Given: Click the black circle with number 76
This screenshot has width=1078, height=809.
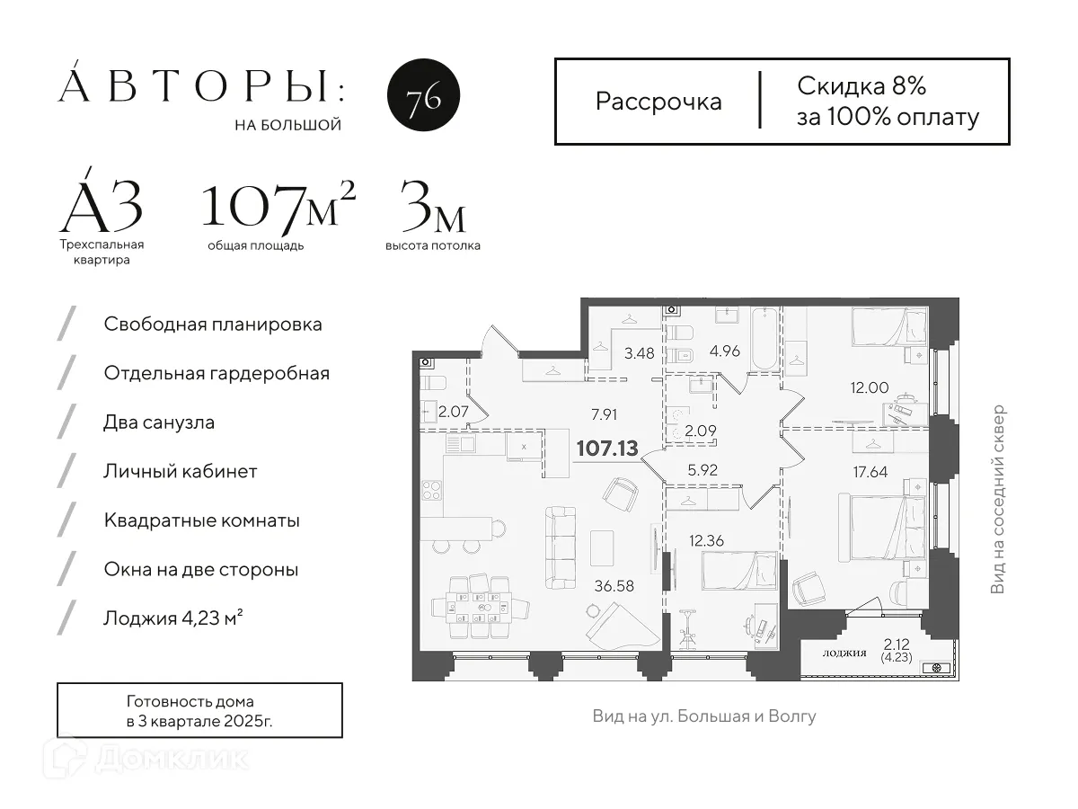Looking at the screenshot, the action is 423,94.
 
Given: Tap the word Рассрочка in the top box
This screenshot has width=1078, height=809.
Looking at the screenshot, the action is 658,102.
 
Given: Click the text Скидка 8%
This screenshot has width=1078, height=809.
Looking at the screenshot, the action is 862,86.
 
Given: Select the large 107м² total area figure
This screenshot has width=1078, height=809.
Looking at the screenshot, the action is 278,207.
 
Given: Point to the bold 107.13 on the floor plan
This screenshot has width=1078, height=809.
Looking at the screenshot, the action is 607,448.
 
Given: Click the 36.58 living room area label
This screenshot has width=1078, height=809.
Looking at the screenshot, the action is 614,585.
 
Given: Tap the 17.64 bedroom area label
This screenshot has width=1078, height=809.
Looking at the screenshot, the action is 870,472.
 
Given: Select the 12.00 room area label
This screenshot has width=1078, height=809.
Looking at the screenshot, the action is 870,387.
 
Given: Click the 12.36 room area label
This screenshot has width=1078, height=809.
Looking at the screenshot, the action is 706,541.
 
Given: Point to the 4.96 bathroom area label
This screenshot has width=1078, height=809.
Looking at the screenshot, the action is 724,351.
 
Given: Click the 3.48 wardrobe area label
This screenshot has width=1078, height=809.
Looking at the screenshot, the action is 639,353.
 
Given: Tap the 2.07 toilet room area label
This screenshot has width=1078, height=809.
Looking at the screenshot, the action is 453,412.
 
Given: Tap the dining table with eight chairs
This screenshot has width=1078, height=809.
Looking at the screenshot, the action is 481,607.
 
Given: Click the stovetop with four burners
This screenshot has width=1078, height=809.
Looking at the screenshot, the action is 432,490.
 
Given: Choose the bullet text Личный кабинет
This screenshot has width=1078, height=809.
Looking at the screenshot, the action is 181,472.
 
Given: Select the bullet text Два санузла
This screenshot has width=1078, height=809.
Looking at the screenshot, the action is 159,422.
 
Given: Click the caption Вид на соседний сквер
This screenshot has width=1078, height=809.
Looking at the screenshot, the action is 997,499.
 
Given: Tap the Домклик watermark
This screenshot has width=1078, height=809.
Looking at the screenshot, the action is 146,759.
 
